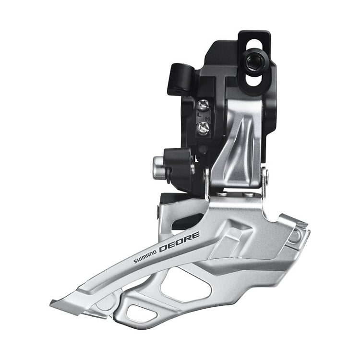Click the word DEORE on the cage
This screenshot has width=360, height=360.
point(179,242)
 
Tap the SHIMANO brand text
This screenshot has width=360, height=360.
point(145,257)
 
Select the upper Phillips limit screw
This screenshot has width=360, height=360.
point(203,106)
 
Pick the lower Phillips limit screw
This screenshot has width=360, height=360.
point(204,128)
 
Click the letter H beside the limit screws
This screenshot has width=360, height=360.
point(208,119)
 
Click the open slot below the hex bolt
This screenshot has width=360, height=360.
point(254,80)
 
